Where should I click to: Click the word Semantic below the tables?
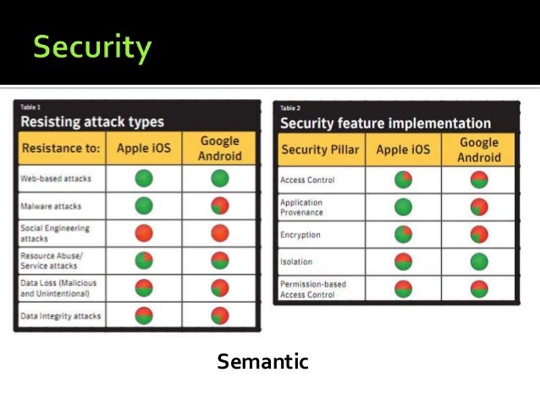[262, 363]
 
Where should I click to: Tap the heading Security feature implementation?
[385, 123]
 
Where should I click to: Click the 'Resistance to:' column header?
[61, 149]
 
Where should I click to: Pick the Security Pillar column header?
[320, 151]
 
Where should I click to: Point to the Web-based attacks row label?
[57, 179]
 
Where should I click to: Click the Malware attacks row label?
[52, 206]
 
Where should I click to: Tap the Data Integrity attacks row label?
[60, 316]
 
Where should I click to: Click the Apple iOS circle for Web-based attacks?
[143, 179]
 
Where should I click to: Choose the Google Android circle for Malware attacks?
[220, 207]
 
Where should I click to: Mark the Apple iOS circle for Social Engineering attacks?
[143, 234]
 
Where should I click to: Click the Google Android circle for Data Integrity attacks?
[220, 316]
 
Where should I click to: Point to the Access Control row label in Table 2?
[307, 180]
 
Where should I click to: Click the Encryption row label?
[300, 235]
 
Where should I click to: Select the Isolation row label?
[296, 262]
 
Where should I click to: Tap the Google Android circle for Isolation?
[479, 262]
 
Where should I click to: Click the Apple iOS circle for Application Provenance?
[403, 207]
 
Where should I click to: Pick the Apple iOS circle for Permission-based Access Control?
[403, 289]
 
